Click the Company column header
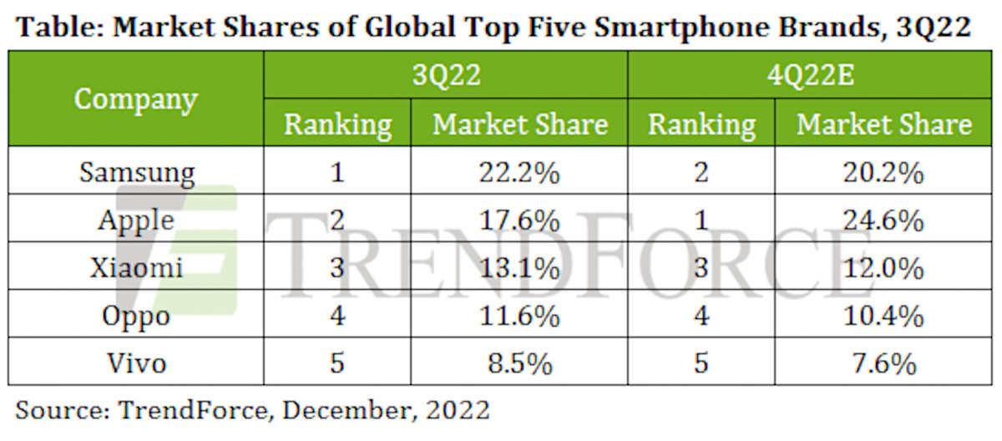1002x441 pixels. (136, 99)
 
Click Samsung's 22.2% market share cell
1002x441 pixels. (519, 173)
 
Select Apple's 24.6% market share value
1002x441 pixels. (883, 221)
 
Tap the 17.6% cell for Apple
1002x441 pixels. (519, 221)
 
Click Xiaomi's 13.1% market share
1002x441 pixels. (519, 269)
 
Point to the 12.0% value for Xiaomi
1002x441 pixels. (883, 269)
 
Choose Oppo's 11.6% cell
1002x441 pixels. (519, 317)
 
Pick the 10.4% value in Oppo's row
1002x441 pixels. (883, 317)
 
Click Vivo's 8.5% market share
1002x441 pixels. (519, 364)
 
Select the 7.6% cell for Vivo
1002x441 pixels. (883, 364)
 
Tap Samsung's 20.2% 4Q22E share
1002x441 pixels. (883, 173)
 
